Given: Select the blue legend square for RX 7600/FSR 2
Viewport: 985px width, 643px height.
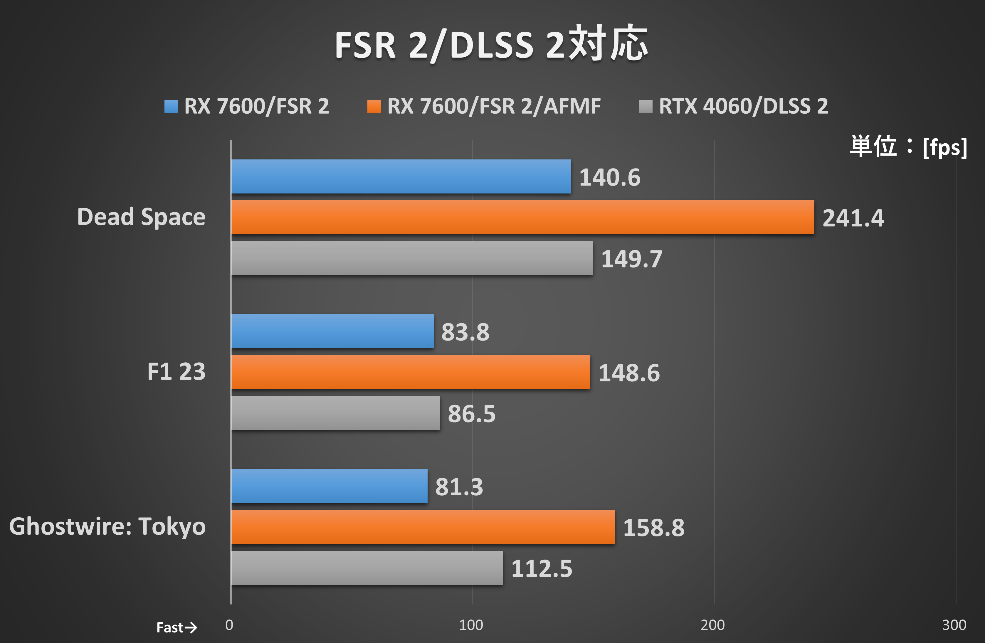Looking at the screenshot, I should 171,106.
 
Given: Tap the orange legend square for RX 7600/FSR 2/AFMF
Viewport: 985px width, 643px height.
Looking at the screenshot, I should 374,106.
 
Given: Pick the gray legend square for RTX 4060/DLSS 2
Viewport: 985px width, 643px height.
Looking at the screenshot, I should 645,106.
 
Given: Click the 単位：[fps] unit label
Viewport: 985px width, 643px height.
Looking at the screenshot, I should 908,147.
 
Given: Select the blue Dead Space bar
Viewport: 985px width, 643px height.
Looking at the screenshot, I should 401,177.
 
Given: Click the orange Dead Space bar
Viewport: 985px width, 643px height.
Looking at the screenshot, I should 522,218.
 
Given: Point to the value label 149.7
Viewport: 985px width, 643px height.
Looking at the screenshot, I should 632,259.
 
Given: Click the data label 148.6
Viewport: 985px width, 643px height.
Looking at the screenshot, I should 629,373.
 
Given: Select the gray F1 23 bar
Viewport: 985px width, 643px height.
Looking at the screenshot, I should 335,413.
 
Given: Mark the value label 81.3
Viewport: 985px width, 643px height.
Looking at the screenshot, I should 459,487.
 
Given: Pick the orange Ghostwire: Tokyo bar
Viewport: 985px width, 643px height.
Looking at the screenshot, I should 423,527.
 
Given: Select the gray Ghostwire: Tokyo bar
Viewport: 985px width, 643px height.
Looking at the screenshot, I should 367,568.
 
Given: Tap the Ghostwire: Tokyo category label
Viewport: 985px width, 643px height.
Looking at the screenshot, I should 107,526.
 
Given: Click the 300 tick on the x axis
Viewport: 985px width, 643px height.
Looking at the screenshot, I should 954,625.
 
